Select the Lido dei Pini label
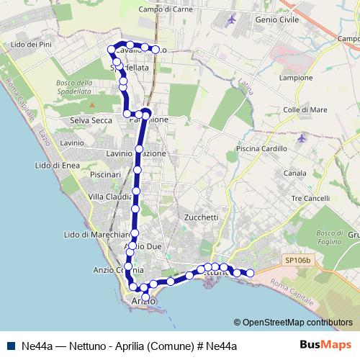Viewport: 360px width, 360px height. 29,45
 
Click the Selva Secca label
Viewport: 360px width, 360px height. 91,120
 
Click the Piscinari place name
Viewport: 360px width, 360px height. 105,175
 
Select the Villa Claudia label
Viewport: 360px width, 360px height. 109,197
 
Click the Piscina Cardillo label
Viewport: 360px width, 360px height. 256,148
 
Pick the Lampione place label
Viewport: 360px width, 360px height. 297,78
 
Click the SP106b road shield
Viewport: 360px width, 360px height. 298,259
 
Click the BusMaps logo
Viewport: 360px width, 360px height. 325,346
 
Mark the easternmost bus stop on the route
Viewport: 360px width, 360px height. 251,273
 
